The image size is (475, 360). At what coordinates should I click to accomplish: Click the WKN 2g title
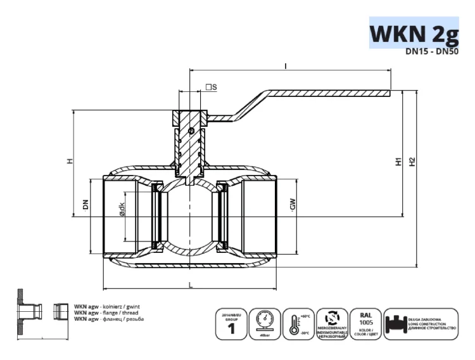[414, 32]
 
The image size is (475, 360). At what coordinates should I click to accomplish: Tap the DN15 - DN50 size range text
[432, 53]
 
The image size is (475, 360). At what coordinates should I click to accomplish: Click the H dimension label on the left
[70, 161]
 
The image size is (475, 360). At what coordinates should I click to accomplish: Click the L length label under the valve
[190, 285]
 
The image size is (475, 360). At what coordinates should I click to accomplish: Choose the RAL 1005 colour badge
[365, 324]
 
